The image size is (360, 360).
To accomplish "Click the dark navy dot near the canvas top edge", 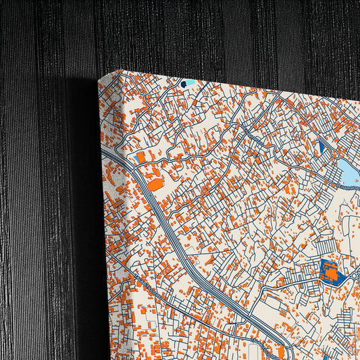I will pos(183,84).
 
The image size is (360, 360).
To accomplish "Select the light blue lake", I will pos(348,172).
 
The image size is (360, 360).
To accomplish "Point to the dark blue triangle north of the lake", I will pos(322,145).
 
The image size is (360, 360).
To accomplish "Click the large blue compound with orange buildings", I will pos(332,273).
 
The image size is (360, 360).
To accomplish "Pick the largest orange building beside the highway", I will pos(155,184).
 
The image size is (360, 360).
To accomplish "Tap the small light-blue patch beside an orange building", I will pos(140,157).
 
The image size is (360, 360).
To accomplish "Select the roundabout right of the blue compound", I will pos(356,277).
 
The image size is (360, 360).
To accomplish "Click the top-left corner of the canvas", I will pos(119,71).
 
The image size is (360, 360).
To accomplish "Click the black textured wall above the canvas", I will pos(203,34).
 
